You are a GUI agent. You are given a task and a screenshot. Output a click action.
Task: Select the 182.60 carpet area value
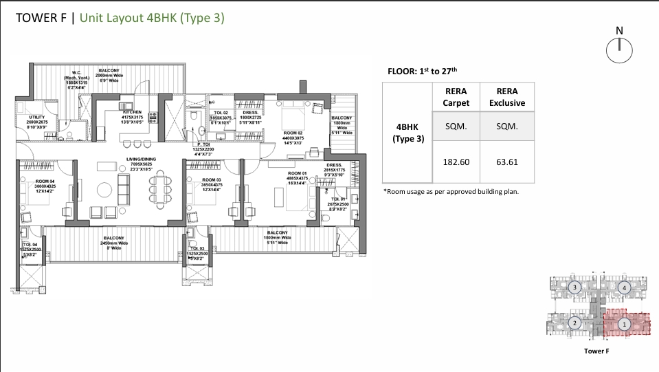point(456,163)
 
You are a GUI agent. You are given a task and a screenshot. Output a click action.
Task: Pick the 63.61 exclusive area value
point(506,163)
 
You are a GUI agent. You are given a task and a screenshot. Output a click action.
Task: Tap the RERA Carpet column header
point(456,97)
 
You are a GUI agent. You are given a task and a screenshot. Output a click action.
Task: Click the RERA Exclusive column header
point(506,97)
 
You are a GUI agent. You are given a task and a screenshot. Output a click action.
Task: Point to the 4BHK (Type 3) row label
point(408,133)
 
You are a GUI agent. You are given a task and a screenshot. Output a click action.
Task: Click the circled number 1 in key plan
point(624,323)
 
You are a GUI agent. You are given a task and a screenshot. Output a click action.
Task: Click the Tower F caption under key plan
point(596,351)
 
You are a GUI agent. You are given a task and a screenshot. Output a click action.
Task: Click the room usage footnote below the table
point(450,191)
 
